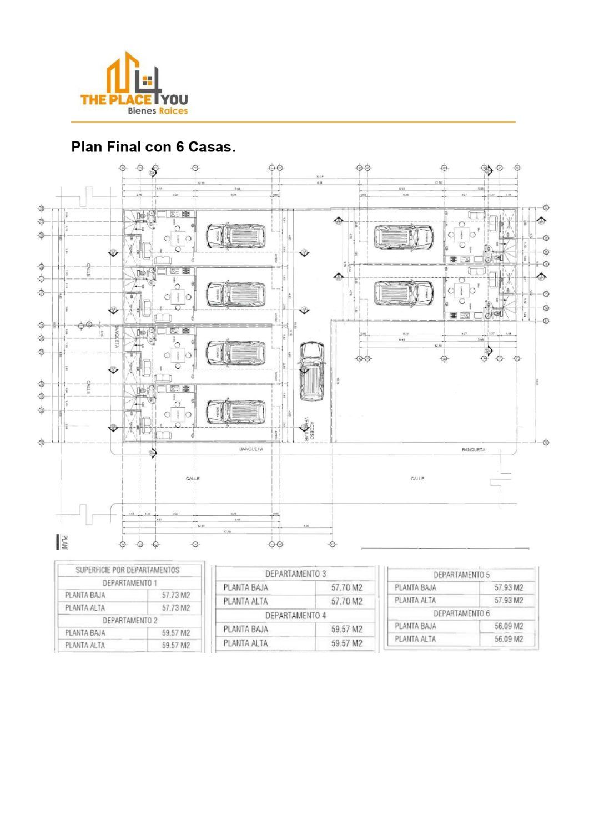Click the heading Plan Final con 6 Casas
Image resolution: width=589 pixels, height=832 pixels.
point(153,148)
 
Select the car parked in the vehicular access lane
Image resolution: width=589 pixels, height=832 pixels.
point(311,371)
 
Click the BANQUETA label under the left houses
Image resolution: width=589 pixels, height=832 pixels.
point(251,449)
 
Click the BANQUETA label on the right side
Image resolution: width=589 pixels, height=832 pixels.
point(473,450)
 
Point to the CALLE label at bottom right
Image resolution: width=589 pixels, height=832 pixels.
point(417,479)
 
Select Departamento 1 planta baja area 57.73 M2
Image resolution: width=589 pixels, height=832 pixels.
point(175,595)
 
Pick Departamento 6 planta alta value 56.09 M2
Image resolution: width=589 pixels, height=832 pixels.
point(509,639)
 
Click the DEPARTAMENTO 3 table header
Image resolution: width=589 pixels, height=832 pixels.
point(295,574)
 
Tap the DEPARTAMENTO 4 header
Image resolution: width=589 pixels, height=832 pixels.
point(295,616)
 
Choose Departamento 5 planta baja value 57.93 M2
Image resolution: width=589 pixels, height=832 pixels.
point(509,587)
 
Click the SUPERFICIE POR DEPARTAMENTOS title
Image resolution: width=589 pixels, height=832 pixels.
point(128,570)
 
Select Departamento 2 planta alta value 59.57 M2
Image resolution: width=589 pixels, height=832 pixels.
point(175,645)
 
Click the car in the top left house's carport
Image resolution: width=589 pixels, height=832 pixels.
point(236,236)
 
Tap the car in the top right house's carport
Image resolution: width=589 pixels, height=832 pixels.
point(402,236)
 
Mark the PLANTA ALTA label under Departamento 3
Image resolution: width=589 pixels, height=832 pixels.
point(245,601)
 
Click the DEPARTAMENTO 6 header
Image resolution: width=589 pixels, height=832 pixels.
point(461,613)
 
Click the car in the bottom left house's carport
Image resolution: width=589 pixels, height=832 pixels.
point(236,412)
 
